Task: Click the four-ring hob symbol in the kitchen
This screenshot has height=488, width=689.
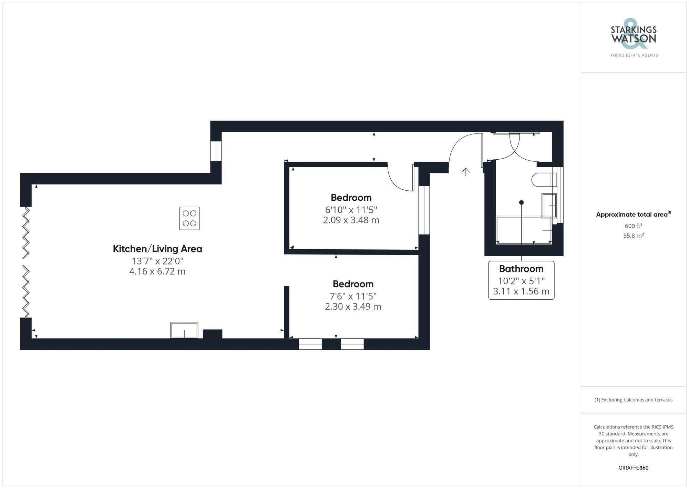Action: pos(189,218)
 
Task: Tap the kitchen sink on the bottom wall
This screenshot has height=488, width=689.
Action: pos(184,330)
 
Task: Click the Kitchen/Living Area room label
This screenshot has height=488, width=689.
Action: pos(157,249)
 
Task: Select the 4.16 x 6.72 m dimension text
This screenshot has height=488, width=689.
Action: pos(157,271)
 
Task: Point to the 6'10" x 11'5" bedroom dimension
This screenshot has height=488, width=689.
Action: pos(351,210)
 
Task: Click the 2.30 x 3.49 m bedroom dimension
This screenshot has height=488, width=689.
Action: pos(353,306)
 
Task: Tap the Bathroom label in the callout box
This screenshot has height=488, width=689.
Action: pos(521,269)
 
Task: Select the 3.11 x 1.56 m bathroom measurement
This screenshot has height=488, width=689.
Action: pos(521,291)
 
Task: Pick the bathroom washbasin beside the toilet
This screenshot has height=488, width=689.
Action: pos(549,206)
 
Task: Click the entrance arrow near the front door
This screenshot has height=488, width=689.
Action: pos(466,172)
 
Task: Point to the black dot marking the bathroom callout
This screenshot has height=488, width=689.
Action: pos(522,202)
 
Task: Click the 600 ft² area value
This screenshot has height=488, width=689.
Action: pos(634,226)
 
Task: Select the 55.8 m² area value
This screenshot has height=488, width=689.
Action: pos(634,236)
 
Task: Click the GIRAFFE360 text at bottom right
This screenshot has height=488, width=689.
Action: pos(634,468)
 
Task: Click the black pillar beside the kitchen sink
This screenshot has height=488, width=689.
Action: pos(212,334)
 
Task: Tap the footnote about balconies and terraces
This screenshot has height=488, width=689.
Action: pos(634,400)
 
